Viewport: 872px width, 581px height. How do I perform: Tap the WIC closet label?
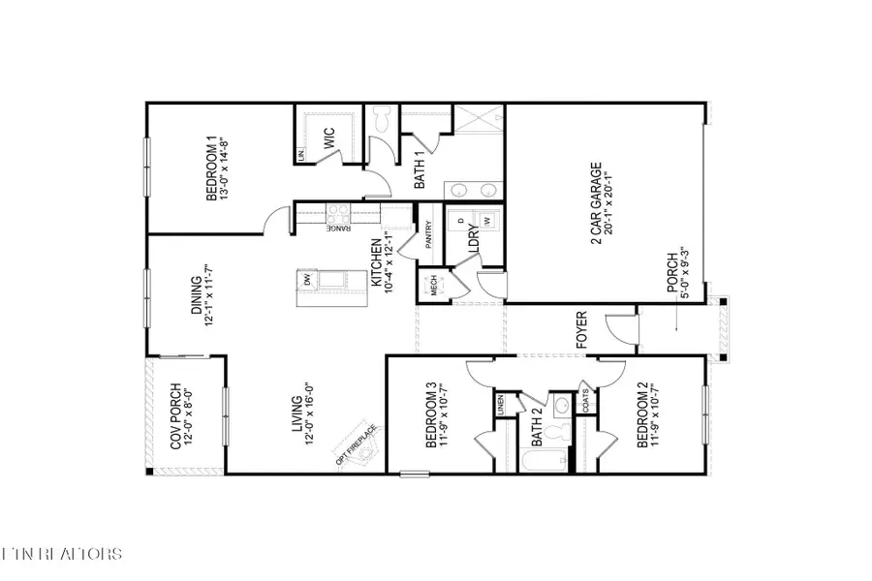pyautogui.click(x=328, y=140)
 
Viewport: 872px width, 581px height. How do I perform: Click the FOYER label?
pyautogui.click(x=582, y=329)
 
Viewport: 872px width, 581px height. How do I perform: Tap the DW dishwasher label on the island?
pyautogui.click(x=307, y=280)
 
